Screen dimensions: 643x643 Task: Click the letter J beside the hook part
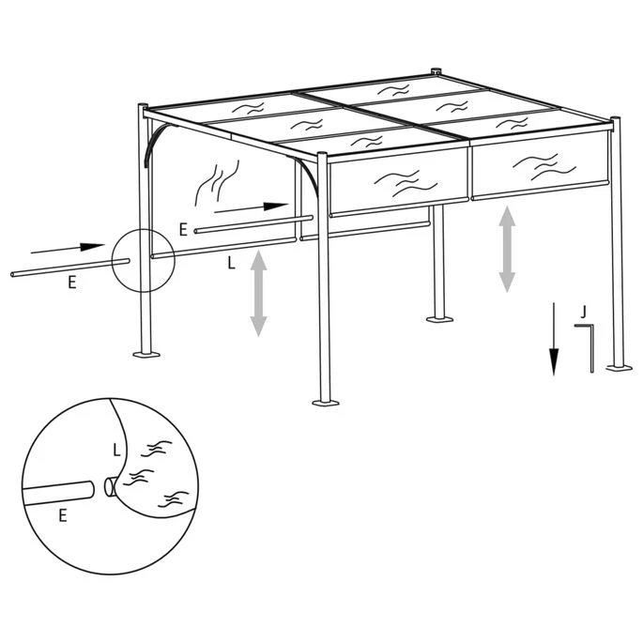[x=583, y=310]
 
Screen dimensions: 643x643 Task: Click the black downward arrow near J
[x=555, y=340]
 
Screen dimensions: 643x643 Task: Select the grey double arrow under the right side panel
[x=507, y=249]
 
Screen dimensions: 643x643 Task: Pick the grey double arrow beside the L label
[x=258, y=296]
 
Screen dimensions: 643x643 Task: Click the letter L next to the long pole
[x=231, y=265]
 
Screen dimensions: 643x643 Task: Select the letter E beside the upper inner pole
[x=183, y=227]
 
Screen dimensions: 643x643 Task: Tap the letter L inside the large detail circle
[x=116, y=450]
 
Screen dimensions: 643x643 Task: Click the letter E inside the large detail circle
[x=63, y=514]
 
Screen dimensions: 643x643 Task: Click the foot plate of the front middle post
[x=325, y=404]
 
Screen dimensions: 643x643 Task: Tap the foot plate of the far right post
[x=618, y=367]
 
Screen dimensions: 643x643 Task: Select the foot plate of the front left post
[x=145, y=355]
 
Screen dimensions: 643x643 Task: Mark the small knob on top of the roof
[x=435, y=71]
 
